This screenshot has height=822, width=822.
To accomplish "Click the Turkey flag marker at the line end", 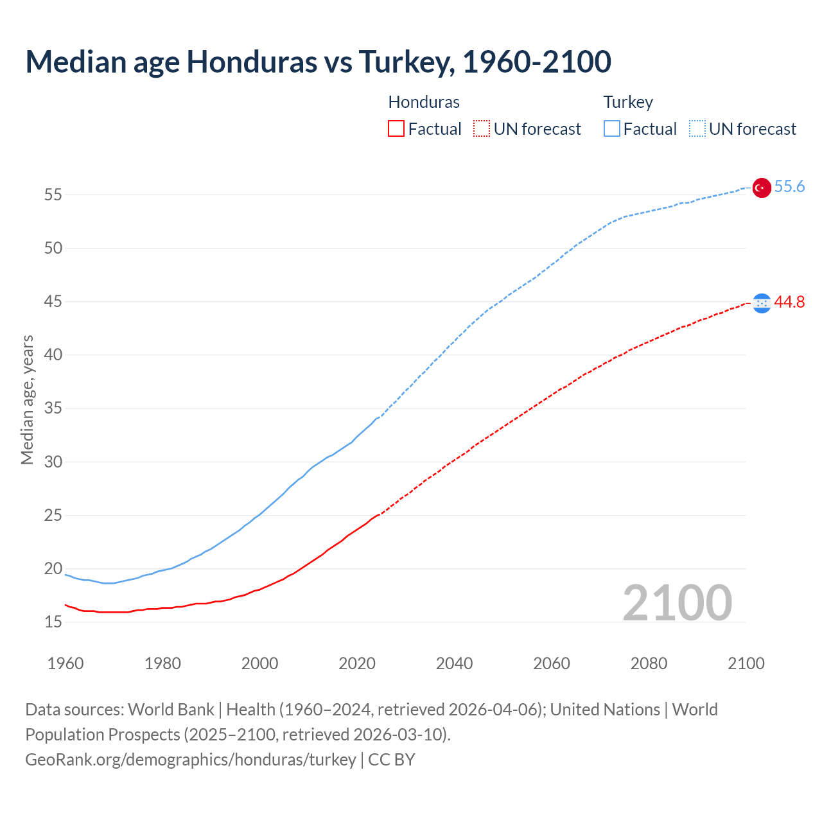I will [762, 188].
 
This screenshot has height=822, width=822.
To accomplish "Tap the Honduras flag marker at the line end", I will [762, 302].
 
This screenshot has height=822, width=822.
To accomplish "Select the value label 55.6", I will [789, 187].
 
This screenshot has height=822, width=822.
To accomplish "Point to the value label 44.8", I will [789, 302].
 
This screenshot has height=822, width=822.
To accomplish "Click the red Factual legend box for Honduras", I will [396, 129].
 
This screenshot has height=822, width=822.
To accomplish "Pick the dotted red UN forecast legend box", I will [482, 129].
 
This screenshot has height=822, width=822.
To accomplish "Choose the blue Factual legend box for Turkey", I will [612, 129].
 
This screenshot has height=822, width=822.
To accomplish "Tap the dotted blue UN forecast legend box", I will [697, 129].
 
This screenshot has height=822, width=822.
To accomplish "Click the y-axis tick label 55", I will [53, 195].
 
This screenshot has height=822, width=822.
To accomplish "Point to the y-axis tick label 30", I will [53, 462].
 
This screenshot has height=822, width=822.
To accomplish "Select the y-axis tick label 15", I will [53, 622].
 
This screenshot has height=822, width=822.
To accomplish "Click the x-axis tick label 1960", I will [66, 663].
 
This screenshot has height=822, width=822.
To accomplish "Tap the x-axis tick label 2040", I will [454, 663].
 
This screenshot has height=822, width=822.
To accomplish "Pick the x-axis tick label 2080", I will [649, 663].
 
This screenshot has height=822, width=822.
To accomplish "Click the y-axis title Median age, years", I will [27, 399].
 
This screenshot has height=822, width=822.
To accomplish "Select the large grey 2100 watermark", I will [677, 602].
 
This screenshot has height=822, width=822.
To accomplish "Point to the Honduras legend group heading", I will [424, 102].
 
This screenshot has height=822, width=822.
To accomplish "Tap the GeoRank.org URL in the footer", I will [190, 760].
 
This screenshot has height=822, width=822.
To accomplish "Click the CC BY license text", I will [392, 760].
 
